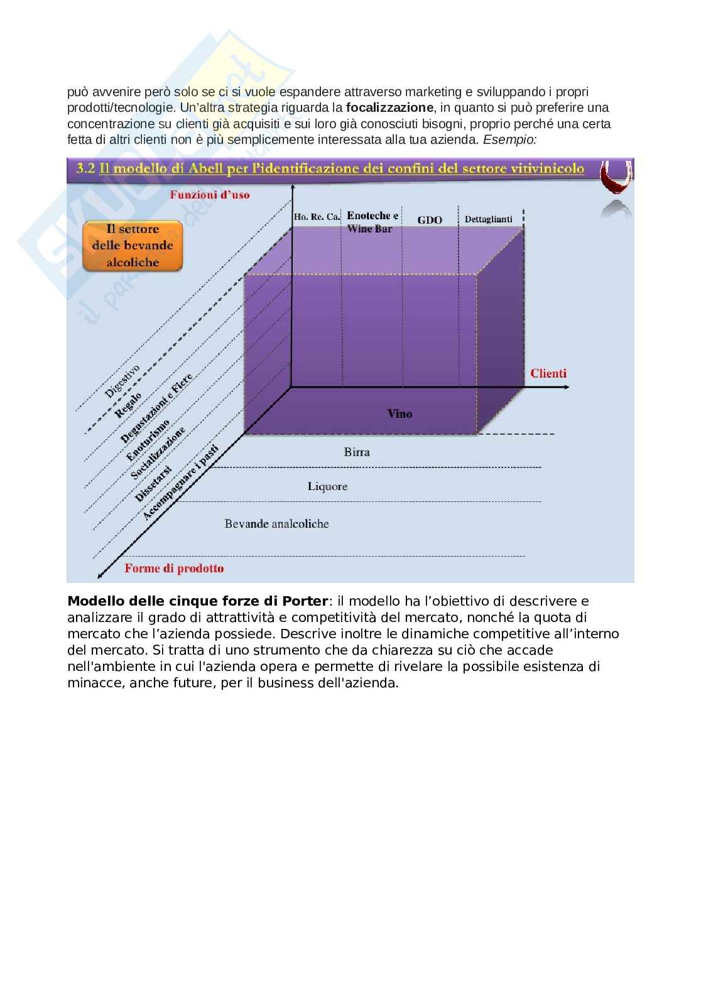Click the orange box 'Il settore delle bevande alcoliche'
coord(133,246)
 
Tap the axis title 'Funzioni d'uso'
coord(209,195)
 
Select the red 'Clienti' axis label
coord(548,373)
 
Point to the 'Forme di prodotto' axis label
coord(174,569)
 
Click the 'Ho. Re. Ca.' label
coord(317,217)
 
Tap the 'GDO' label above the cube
coord(430,220)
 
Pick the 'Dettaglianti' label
coord(488,219)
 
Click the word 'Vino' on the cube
coord(399,413)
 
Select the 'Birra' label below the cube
coord(357,452)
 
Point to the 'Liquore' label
coord(327,486)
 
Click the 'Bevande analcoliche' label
coord(276,523)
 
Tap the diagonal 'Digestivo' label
coord(122,381)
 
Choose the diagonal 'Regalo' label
coord(128,405)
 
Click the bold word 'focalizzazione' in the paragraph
coord(389,107)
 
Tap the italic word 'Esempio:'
coord(509,139)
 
